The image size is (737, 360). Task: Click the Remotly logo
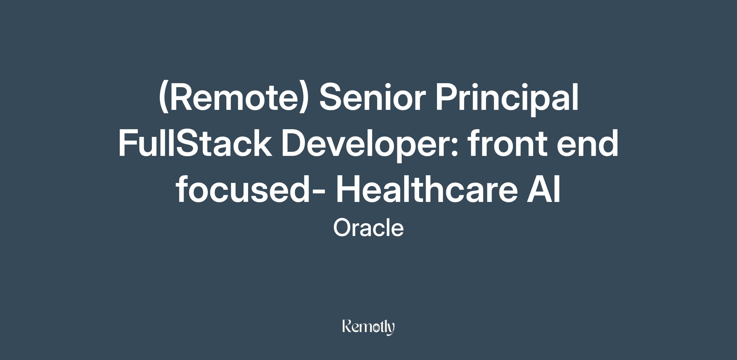click(368, 327)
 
